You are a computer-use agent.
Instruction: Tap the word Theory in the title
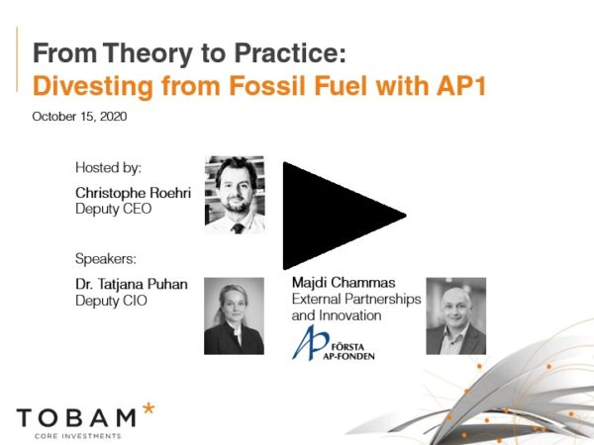(x=148, y=53)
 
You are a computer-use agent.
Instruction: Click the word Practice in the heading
(x=290, y=52)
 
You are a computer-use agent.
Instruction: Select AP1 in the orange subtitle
(x=461, y=86)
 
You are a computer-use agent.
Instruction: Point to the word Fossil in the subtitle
(x=267, y=86)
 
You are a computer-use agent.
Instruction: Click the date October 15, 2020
(x=79, y=117)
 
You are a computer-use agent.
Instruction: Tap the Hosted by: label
(x=108, y=168)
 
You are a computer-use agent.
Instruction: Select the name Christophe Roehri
(x=133, y=193)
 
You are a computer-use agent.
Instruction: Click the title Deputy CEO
(x=114, y=209)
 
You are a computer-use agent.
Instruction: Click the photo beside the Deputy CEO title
(x=235, y=195)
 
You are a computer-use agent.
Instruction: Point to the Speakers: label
(x=106, y=259)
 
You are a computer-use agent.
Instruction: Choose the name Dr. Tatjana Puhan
(x=132, y=284)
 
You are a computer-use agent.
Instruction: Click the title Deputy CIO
(x=111, y=301)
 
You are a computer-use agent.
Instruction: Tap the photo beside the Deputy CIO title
(x=234, y=316)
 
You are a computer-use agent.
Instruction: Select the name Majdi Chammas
(x=344, y=283)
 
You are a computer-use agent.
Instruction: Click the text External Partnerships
(x=356, y=300)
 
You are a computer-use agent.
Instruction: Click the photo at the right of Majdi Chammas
(x=456, y=316)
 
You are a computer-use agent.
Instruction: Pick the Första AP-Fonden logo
(x=334, y=343)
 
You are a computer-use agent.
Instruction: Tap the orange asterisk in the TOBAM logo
(x=148, y=409)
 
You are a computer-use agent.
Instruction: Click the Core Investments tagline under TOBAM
(x=78, y=436)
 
